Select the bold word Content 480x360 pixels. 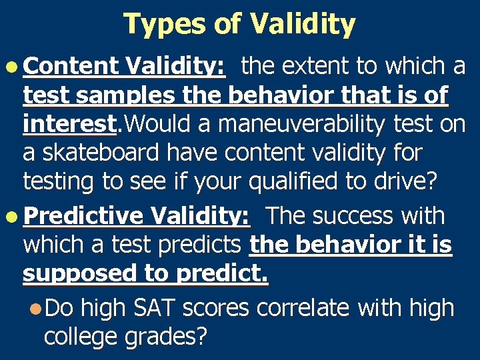[71, 66]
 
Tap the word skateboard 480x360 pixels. [99, 153]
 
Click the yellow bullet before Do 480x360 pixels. [35, 308]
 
